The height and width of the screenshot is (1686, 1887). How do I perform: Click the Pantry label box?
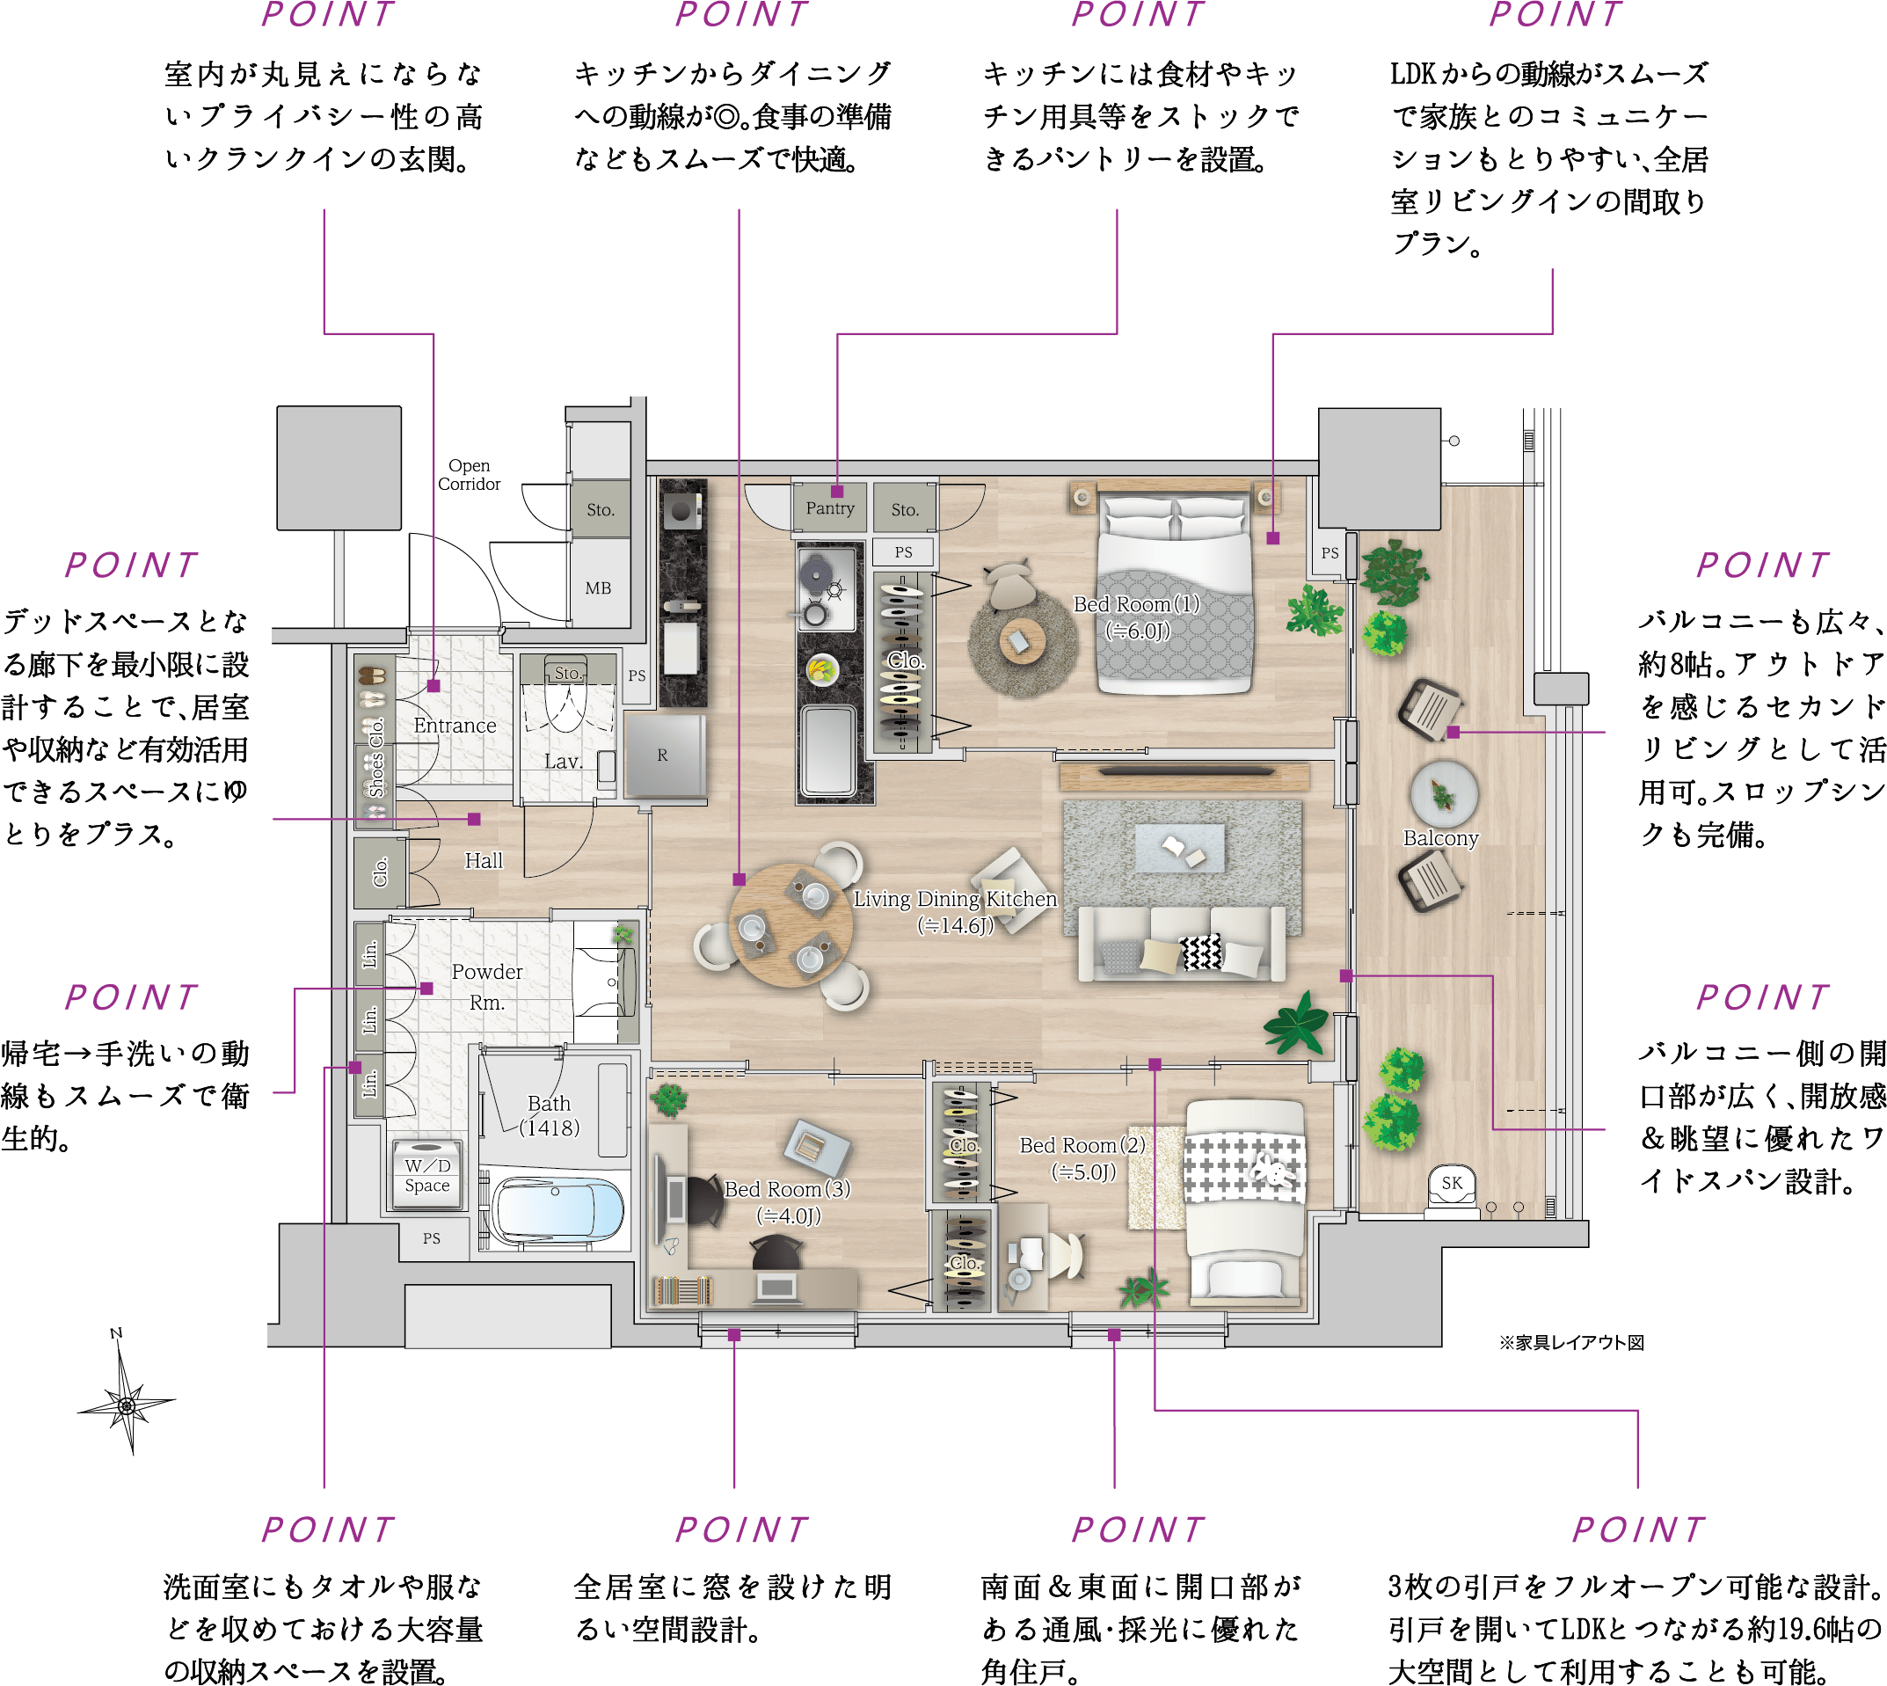point(830,507)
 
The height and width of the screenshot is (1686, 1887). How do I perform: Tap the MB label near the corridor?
point(599,588)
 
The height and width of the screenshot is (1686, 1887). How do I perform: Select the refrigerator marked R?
point(663,755)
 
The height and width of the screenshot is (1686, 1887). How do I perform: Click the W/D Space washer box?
point(427,1174)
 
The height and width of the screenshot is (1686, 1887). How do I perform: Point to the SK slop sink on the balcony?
point(1452,1187)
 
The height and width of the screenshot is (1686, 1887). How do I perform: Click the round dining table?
point(790,924)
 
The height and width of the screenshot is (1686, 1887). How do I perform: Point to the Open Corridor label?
point(469,474)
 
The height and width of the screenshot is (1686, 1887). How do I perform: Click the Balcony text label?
point(1440,838)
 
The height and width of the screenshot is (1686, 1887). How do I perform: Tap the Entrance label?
point(455,726)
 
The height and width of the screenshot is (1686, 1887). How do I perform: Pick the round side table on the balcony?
point(1444,793)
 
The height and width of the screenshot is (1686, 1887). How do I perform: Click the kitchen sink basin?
point(829,750)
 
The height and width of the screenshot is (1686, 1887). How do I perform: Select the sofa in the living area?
point(1181,943)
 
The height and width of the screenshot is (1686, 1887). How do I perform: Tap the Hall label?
point(484,861)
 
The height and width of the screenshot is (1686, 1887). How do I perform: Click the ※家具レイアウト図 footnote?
point(1571,1342)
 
